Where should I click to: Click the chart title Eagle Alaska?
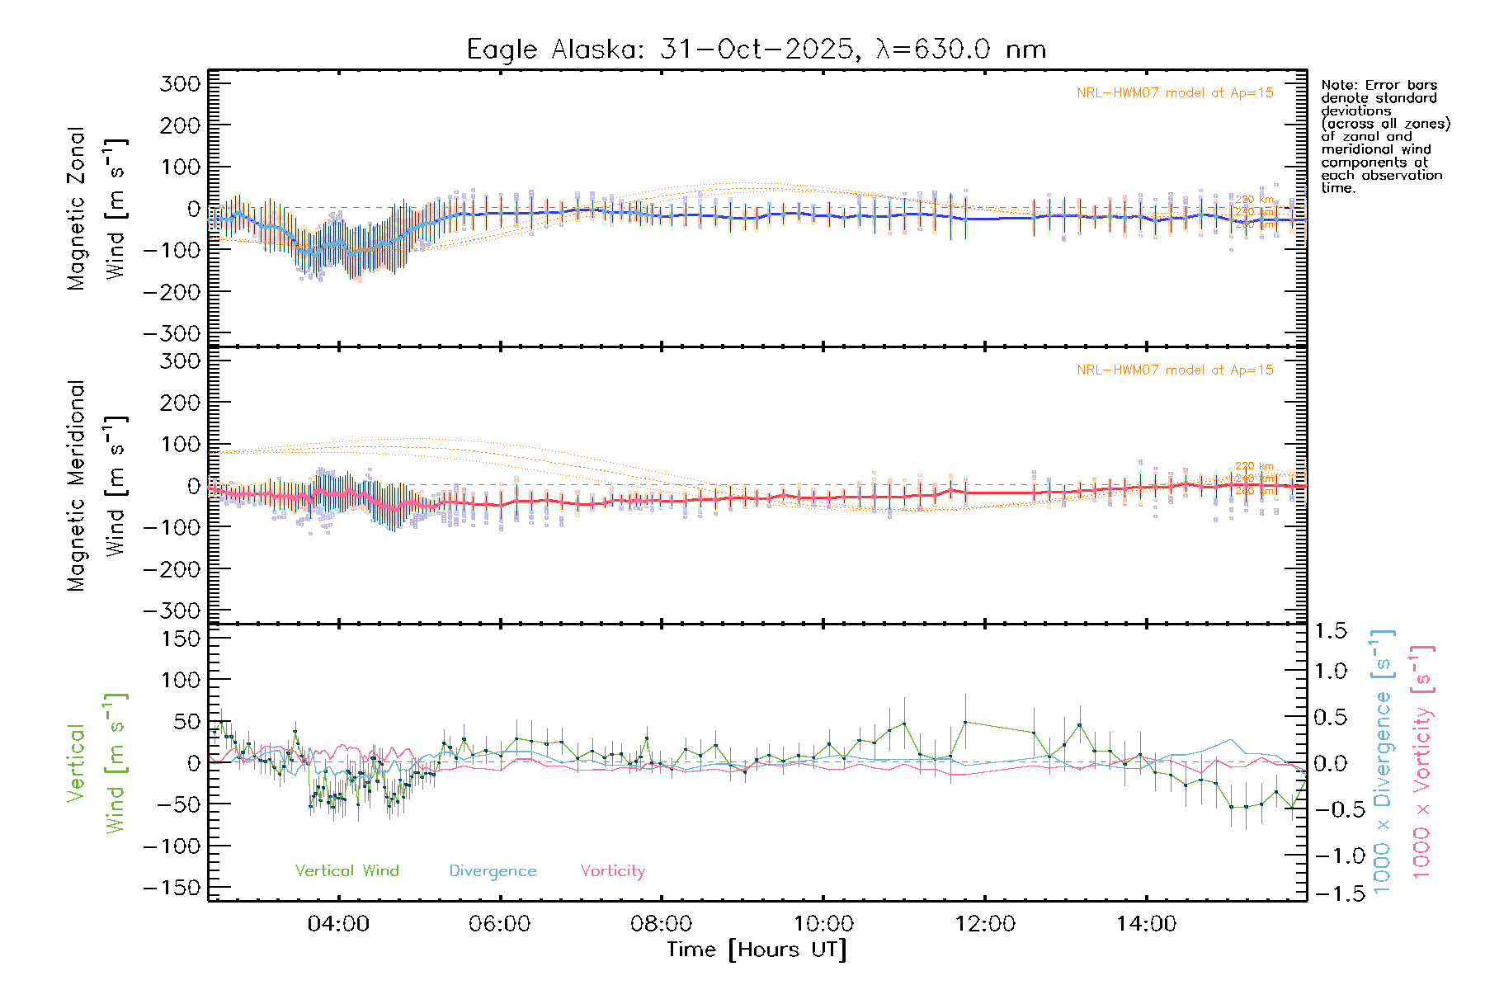pos(756,49)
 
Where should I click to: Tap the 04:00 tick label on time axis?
pos(338,924)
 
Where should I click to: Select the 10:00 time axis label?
pos(823,924)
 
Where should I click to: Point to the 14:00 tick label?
pos(1146,924)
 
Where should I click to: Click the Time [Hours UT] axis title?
pos(757,950)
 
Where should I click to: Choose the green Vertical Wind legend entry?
pos(346,871)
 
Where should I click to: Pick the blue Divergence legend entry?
pos(493,871)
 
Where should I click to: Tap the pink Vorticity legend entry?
pos(612,871)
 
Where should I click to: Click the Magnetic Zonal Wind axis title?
pos(97,208)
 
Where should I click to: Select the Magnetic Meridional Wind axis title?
pos(97,485)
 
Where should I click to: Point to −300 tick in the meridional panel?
pos(172,610)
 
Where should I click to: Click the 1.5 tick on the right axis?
pos(1331,631)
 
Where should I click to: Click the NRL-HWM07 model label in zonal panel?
pos(1175,93)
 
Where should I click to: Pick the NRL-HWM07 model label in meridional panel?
pos(1175,370)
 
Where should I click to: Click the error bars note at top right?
pos(1384,136)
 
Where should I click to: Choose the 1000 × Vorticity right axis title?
pos(1422,761)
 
